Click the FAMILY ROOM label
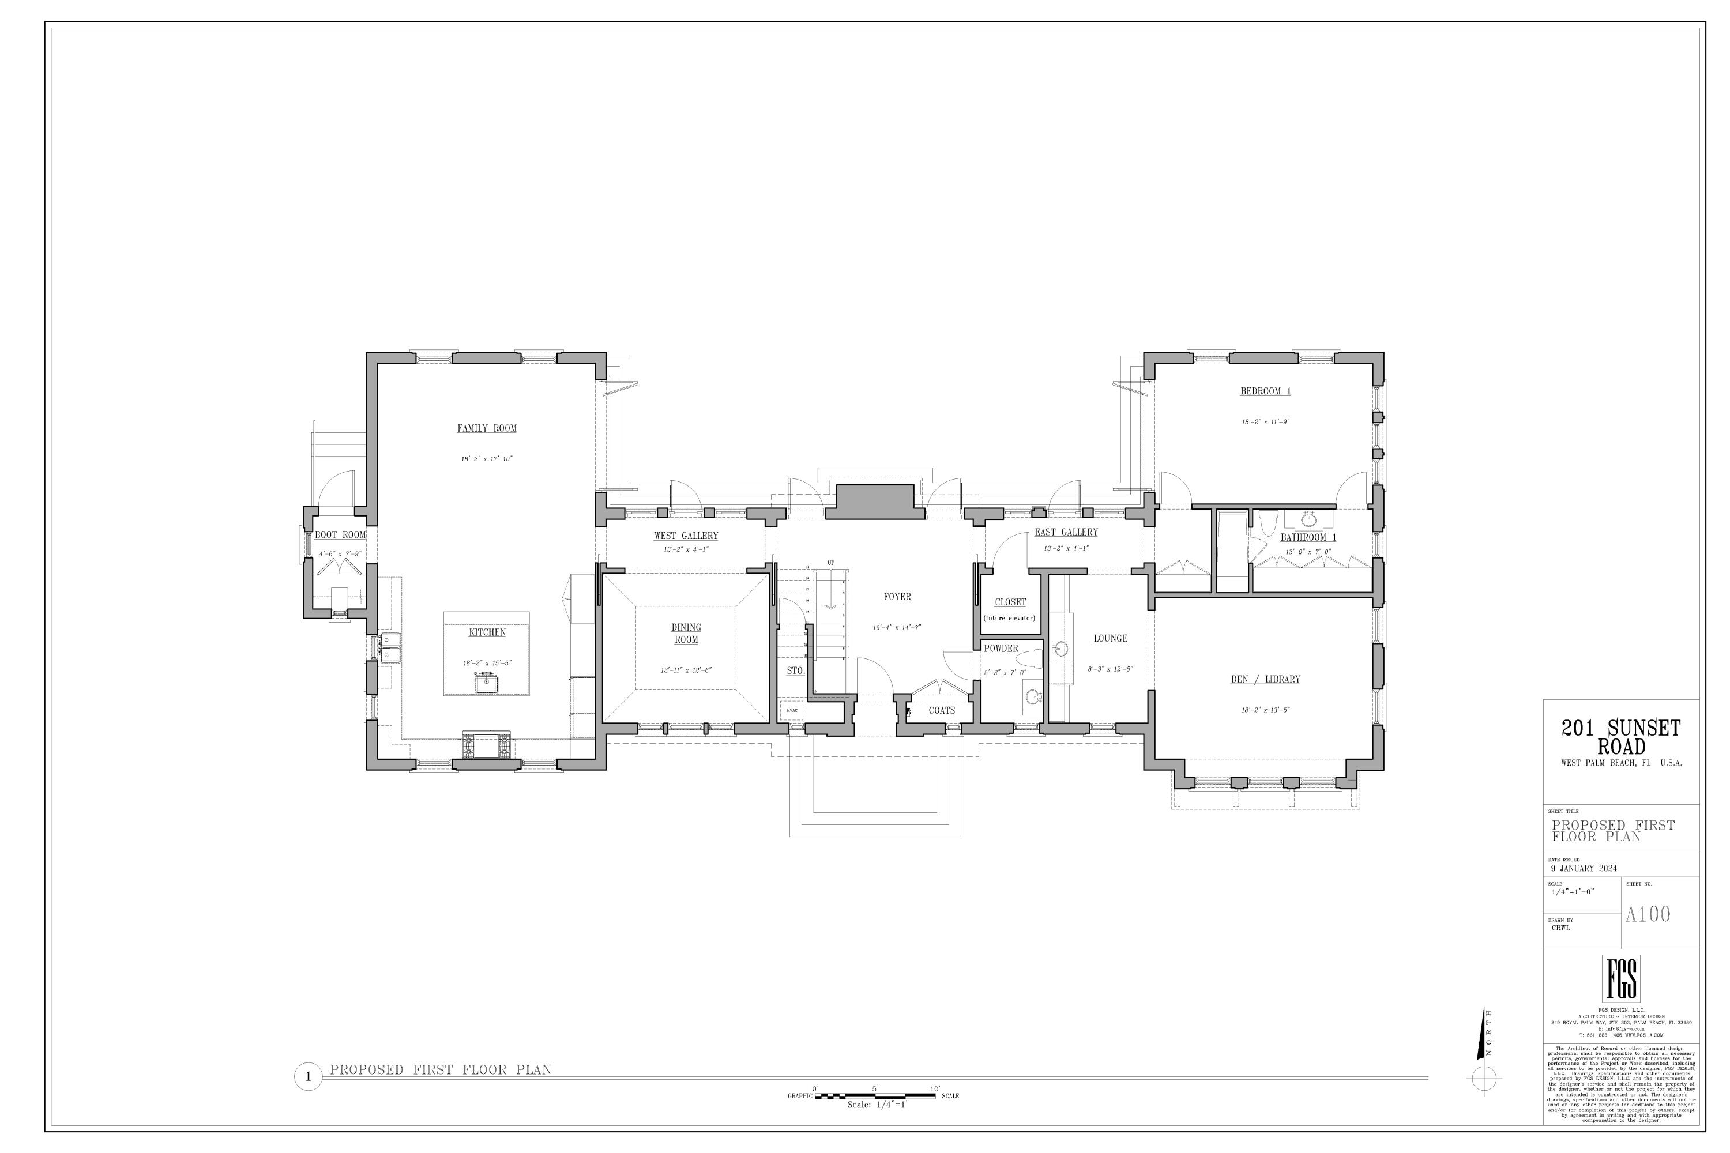click(487, 428)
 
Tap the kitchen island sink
click(486, 684)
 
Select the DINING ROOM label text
click(686, 633)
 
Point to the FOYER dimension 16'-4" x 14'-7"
click(897, 627)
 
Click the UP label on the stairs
click(831, 563)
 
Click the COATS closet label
click(942, 710)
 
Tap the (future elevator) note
click(1009, 617)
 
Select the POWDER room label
click(1001, 648)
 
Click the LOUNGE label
click(1110, 638)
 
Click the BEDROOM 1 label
click(1265, 391)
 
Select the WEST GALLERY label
click(686, 536)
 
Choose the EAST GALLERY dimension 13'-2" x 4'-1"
click(1066, 548)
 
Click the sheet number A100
click(1648, 914)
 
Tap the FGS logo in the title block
click(1621, 979)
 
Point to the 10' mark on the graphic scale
click(935, 1089)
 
